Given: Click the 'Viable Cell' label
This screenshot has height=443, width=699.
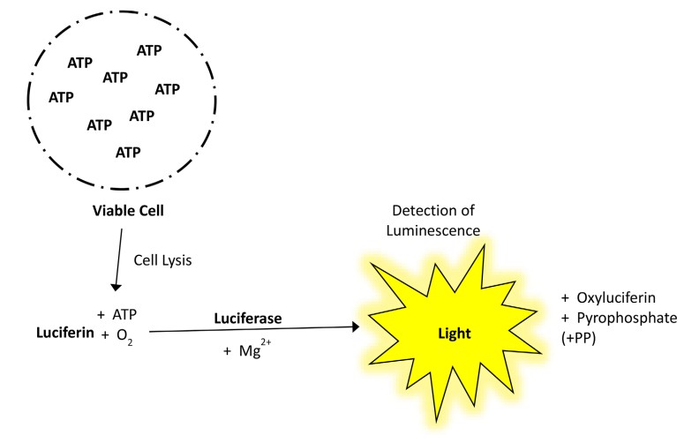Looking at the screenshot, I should pyautogui.click(x=129, y=212).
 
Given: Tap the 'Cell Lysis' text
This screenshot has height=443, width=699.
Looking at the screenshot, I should pyautogui.click(x=162, y=260).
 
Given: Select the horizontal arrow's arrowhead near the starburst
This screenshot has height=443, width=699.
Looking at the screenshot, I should pyautogui.click(x=356, y=327).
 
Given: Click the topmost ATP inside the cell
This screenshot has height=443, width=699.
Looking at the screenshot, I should pyautogui.click(x=149, y=50).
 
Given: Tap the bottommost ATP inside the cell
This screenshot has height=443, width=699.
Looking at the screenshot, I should pyautogui.click(x=129, y=152).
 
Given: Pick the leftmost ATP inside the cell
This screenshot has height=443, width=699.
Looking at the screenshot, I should pyautogui.click(x=61, y=96).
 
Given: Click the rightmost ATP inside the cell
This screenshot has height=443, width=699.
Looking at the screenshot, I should pyautogui.click(x=167, y=88).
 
